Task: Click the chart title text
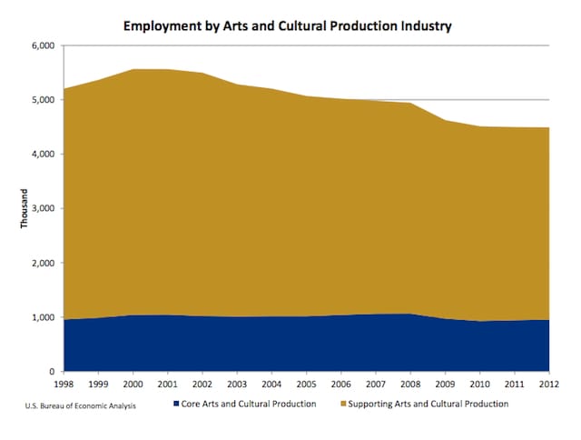click(288, 26)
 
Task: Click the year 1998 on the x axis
click(64, 384)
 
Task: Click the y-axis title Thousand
click(26, 209)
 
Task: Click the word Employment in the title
click(162, 26)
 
